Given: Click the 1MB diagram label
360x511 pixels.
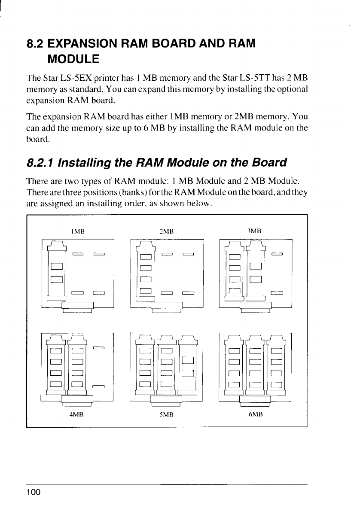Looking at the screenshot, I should pyautogui.click(x=78, y=231).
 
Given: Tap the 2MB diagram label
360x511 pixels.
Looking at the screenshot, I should pyautogui.click(x=166, y=231).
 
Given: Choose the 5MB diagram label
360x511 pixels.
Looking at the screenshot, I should pyautogui.click(x=166, y=415).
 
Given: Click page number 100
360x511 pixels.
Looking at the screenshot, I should pyautogui.click(x=34, y=492).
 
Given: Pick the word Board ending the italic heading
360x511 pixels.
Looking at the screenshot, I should pyautogui.click(x=268, y=163).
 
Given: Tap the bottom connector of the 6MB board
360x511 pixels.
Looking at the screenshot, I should pyautogui.click(x=255, y=400).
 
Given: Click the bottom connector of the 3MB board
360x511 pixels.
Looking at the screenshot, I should pyautogui.click(x=255, y=307).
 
